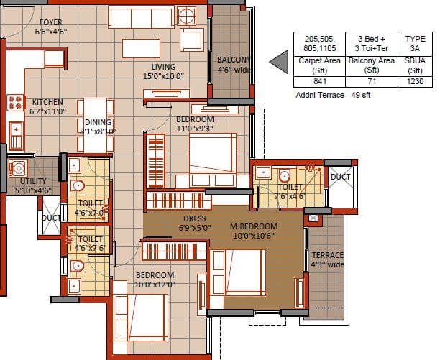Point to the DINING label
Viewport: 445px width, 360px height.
pos(97,122)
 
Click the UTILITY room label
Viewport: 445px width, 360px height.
pos(34,181)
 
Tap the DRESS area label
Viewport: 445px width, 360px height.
pos(194,218)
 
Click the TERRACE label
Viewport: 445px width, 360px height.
pos(328,255)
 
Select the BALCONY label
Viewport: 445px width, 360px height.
pos(234,60)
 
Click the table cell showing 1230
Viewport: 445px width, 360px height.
pos(415,82)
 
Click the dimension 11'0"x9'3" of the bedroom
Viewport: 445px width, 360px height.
pos(194,128)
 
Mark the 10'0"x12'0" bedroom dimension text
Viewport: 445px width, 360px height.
pos(155,285)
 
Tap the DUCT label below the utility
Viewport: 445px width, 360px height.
pos(51,217)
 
